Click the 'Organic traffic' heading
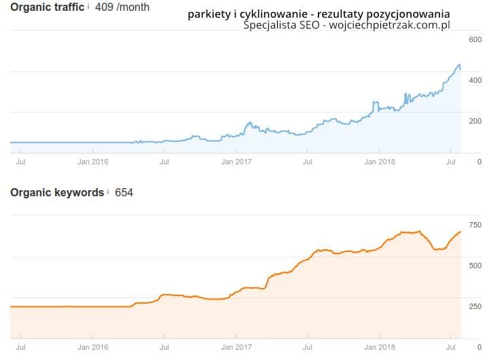pyautogui.click(x=47, y=7)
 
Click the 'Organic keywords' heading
pyautogui.click(x=57, y=192)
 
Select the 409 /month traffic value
pyautogui.click(x=123, y=7)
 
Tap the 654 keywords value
pyautogui.click(x=124, y=192)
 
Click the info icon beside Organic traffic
pyautogui.click(x=89, y=6)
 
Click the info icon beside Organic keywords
pyautogui.click(x=108, y=192)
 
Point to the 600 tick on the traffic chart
pyautogui.click(x=475, y=39)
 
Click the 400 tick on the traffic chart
pyautogui.click(x=475, y=80)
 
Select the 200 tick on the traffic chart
pyautogui.click(x=475, y=121)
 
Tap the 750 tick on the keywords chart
pyautogui.click(x=475, y=225)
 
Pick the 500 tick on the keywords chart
pyautogui.click(x=475, y=266)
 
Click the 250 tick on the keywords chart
pyautogui.click(x=475, y=306)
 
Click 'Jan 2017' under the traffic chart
pyautogui.click(x=236, y=162)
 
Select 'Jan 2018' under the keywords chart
pyautogui.click(x=379, y=347)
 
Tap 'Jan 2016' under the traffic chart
pyautogui.click(x=93, y=162)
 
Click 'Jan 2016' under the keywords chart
pyautogui.click(x=93, y=347)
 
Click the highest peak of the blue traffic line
pyautogui.click(x=459, y=65)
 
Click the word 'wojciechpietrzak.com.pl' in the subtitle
pyautogui.click(x=390, y=25)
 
